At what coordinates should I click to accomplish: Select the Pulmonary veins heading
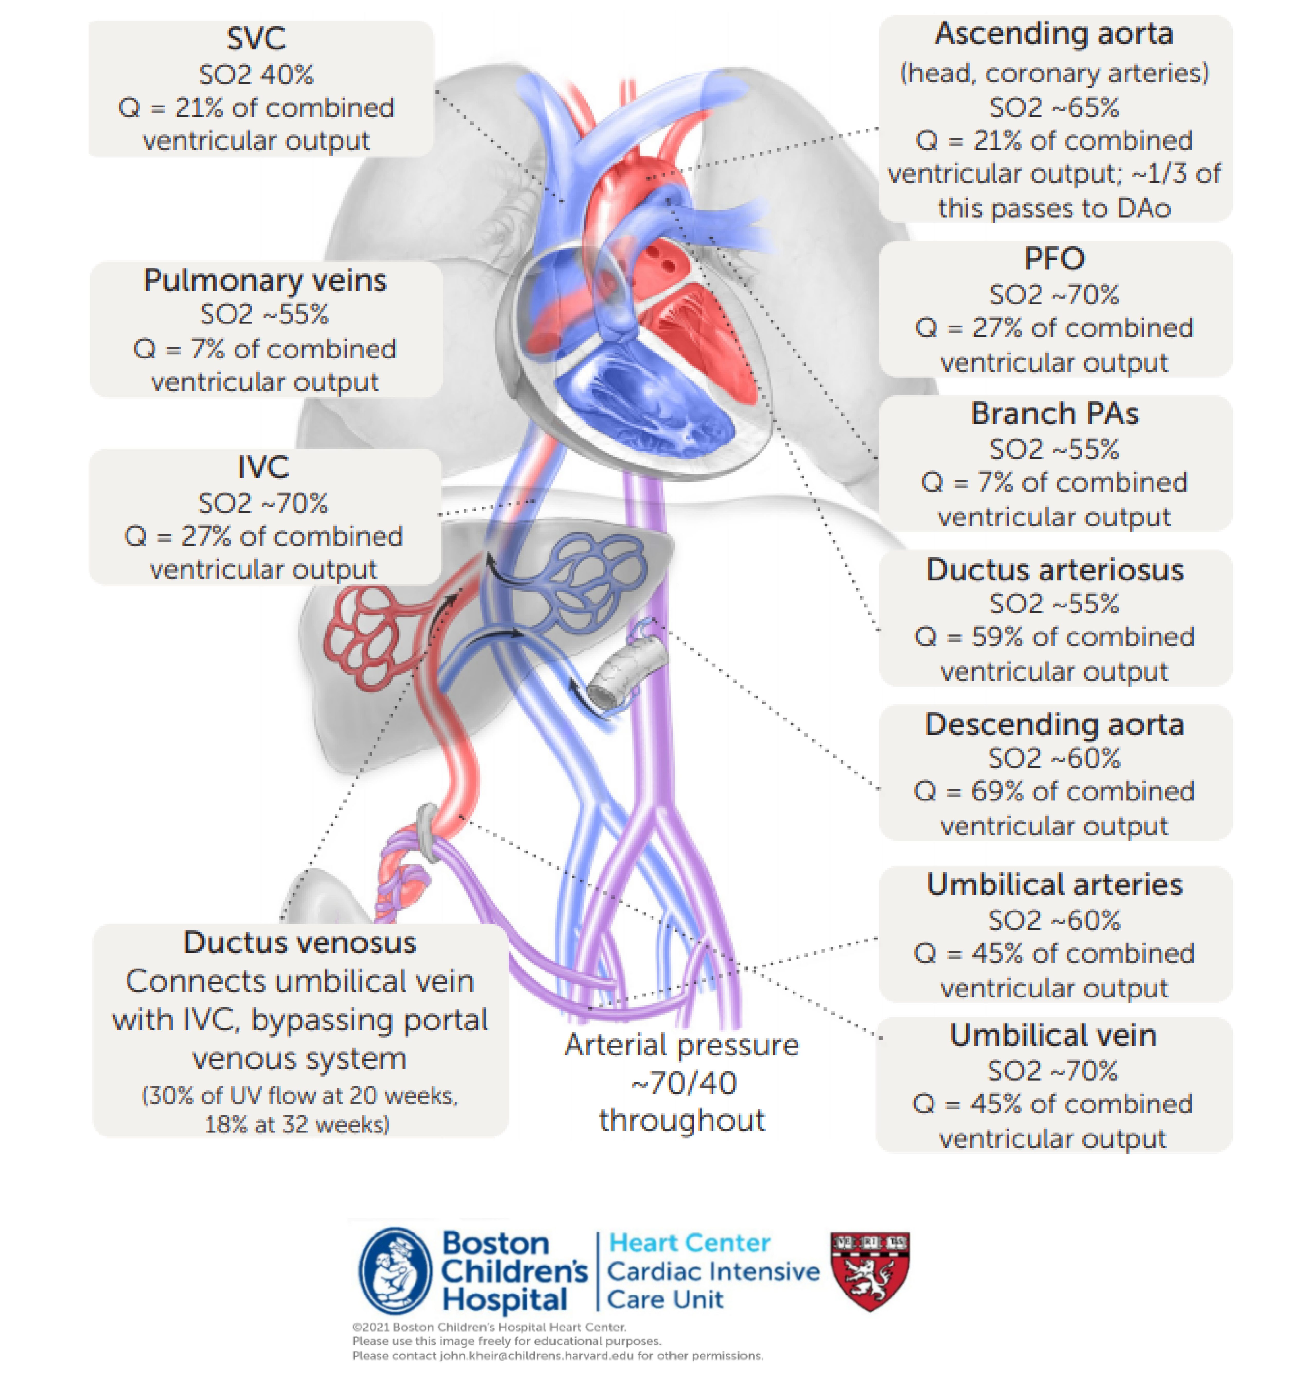pos(265,280)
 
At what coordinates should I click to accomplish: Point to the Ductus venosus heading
pos(300,943)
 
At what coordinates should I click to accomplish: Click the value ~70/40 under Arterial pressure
pos(683,1083)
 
